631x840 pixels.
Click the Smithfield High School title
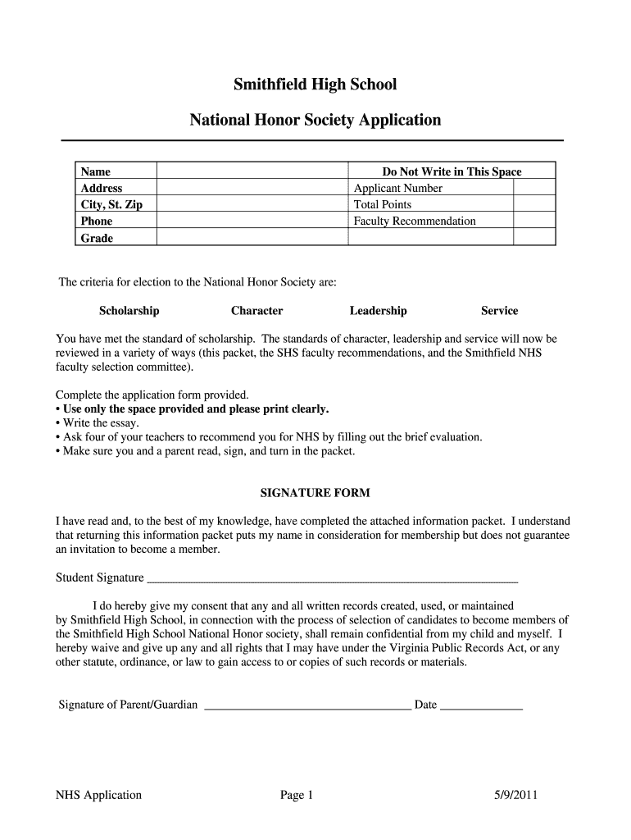(x=315, y=84)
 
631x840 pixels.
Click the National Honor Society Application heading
(x=315, y=121)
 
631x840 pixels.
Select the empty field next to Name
(x=252, y=171)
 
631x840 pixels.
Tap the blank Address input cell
(x=252, y=188)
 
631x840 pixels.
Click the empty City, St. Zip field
(x=252, y=204)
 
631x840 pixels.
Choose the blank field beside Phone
(x=252, y=221)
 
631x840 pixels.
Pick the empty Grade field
(x=252, y=237)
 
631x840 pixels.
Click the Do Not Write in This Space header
(x=452, y=171)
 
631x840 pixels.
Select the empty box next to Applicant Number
(x=534, y=188)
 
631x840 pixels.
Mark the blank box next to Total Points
(x=534, y=204)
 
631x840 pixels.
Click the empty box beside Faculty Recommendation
(x=534, y=221)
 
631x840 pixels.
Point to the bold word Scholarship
(x=129, y=311)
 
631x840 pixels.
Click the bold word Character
(x=257, y=311)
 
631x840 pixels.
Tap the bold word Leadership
(x=378, y=311)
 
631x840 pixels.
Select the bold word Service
(x=499, y=311)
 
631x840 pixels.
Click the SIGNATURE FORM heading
(x=315, y=493)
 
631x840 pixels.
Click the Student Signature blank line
(x=332, y=577)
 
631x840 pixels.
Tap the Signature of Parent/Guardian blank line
(x=307, y=705)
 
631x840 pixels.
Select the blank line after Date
(x=482, y=705)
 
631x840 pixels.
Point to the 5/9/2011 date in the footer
(x=516, y=795)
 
